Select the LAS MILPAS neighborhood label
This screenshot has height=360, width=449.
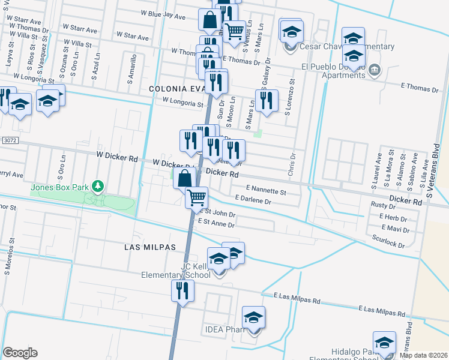149,247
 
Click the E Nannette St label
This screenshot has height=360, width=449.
265,190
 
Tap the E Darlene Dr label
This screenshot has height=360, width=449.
254,200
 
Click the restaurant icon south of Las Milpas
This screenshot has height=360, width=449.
182,290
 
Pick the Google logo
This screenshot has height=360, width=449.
20,353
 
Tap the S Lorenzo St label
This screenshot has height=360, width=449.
292,97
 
